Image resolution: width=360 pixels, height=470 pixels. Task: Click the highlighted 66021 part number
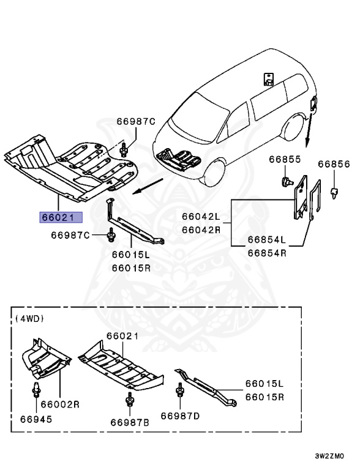tap(57, 217)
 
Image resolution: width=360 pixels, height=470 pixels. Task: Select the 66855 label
tap(283, 160)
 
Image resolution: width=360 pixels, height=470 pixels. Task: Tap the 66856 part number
tap(333, 164)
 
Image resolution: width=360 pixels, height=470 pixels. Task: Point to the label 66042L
tap(200, 216)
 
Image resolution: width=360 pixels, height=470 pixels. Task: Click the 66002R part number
tap(61, 405)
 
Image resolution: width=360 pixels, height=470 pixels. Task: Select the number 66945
tap(36, 420)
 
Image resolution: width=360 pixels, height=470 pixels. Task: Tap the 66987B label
tap(130, 422)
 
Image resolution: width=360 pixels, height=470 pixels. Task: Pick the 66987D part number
tap(180, 416)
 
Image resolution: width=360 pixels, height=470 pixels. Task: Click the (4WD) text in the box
tap(29, 318)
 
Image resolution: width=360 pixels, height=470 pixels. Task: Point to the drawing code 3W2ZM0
tap(330, 457)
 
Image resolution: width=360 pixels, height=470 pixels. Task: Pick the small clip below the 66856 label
tap(335, 192)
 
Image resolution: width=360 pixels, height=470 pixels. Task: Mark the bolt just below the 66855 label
tap(285, 180)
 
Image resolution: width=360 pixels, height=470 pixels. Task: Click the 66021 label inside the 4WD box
tap(122, 336)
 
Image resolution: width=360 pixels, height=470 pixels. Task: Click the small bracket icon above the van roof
tap(268, 78)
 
